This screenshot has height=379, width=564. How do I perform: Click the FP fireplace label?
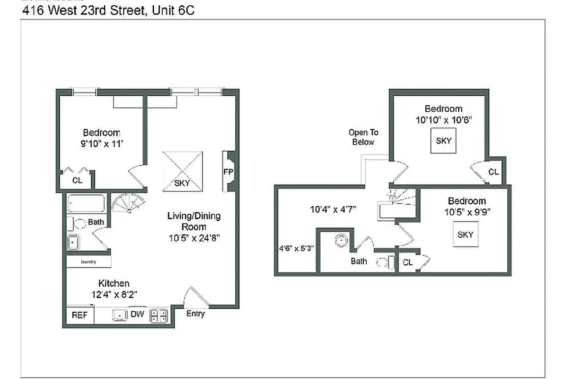[228, 171]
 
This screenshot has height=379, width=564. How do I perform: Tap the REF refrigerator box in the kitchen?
[79, 315]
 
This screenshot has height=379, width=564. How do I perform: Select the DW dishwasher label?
[137, 314]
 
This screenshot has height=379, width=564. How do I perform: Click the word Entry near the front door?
[195, 314]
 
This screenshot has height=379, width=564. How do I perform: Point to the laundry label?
[88, 262]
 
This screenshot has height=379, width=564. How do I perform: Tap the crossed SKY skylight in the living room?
[183, 171]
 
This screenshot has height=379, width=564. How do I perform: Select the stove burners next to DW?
[158, 316]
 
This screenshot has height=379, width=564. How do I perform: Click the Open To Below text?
[363, 137]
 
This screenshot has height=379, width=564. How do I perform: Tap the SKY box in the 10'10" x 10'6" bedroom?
[443, 141]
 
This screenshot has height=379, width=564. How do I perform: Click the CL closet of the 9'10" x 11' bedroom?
[77, 180]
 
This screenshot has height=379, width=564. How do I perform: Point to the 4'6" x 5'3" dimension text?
[296, 247]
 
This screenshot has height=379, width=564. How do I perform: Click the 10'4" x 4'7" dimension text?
[333, 208]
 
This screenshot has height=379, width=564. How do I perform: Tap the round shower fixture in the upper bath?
[341, 240]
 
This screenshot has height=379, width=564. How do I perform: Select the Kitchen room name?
[114, 283]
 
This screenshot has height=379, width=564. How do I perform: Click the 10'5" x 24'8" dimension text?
[194, 238]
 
